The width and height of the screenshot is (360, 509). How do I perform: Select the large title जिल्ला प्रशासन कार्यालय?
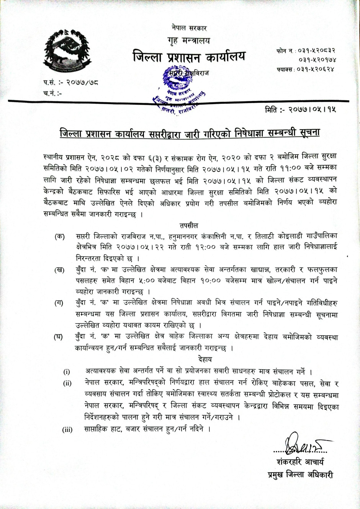click(x=189, y=57)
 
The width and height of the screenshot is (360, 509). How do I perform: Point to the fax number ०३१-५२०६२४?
click(x=316, y=69)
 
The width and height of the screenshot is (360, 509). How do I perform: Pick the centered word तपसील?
click(x=189, y=226)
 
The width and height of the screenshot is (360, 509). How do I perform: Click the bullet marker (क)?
click(x=60, y=237)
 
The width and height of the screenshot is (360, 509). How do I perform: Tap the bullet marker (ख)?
click(x=59, y=271)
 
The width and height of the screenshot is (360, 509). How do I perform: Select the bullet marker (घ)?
click(x=58, y=337)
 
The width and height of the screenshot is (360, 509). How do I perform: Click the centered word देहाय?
click(x=205, y=359)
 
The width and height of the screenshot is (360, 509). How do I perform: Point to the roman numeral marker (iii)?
click(x=67, y=429)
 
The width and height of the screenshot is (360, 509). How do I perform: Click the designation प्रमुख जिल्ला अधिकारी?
click(x=300, y=475)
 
